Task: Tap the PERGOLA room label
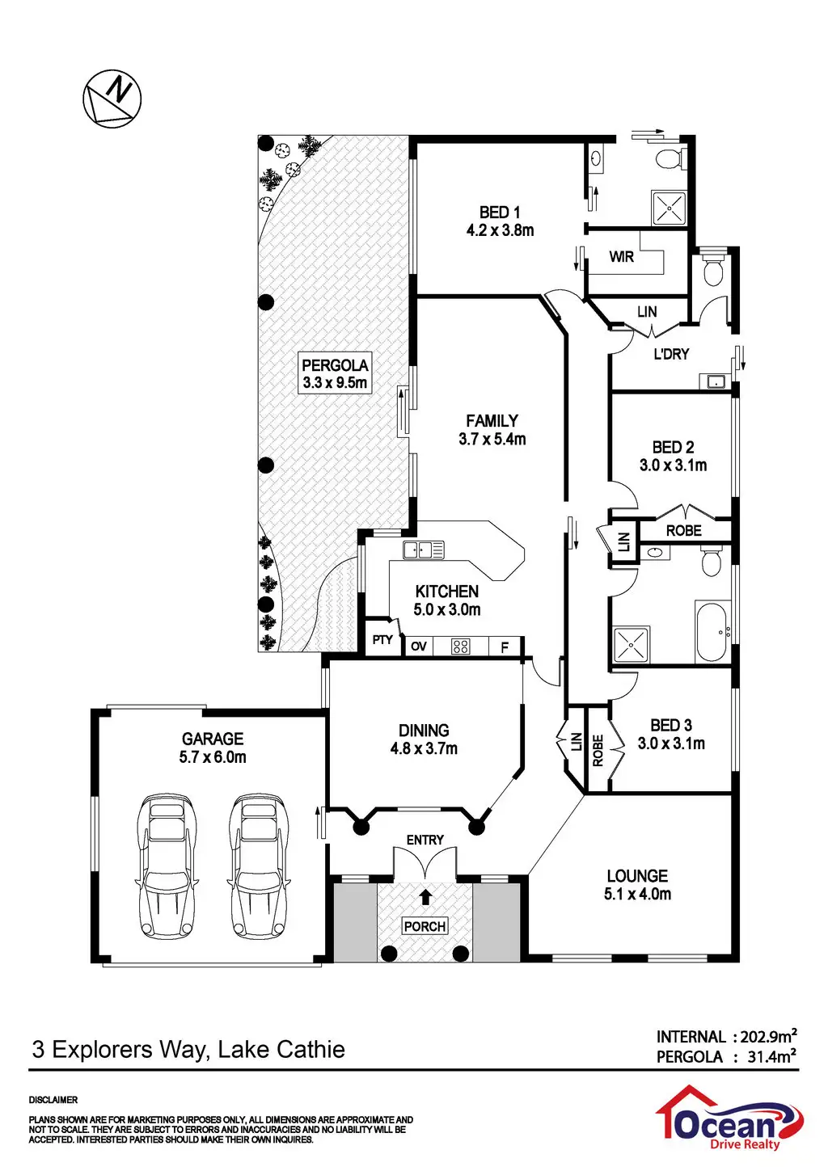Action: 335,365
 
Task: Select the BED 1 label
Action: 500,213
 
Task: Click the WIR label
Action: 621,257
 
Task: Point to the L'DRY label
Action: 671,354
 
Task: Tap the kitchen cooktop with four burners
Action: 460,647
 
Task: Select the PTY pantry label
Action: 382,640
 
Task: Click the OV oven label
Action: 418,647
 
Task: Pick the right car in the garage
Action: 259,865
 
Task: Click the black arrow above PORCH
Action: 425,895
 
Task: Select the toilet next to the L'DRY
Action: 712,272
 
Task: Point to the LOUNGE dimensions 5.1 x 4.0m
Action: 637,894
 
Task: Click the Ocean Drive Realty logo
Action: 728,1119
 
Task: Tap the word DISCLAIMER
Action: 53,1100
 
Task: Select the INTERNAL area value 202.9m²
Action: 769,1036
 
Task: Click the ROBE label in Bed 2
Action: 683,531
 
